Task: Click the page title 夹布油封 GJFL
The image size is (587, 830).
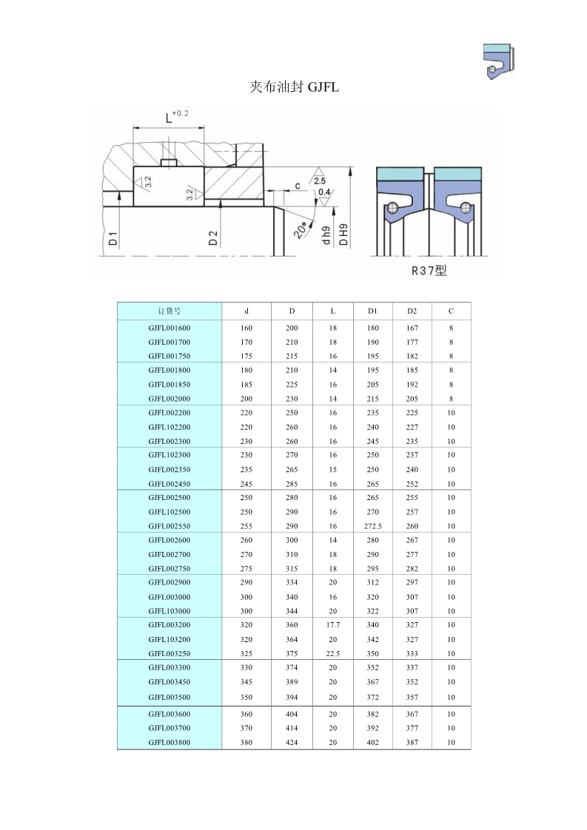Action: point(294,87)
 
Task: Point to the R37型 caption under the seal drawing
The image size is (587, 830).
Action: point(429,271)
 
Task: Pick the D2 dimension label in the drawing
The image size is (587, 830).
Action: point(213,238)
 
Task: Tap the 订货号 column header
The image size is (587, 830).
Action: point(170,311)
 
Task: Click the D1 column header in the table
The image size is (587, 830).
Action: point(372,311)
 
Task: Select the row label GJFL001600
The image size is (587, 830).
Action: point(170,328)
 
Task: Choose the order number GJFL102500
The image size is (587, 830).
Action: point(170,512)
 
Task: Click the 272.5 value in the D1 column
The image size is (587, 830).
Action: point(372,526)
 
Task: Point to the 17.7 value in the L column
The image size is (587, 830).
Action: point(333,625)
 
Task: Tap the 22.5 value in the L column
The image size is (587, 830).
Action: point(333,654)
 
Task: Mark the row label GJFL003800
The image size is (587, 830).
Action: point(170,742)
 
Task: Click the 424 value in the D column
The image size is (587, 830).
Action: point(292,742)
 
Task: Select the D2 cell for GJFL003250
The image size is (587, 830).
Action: point(412,654)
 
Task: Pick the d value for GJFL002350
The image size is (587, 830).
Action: point(246,469)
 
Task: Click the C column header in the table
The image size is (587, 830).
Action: point(451,311)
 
